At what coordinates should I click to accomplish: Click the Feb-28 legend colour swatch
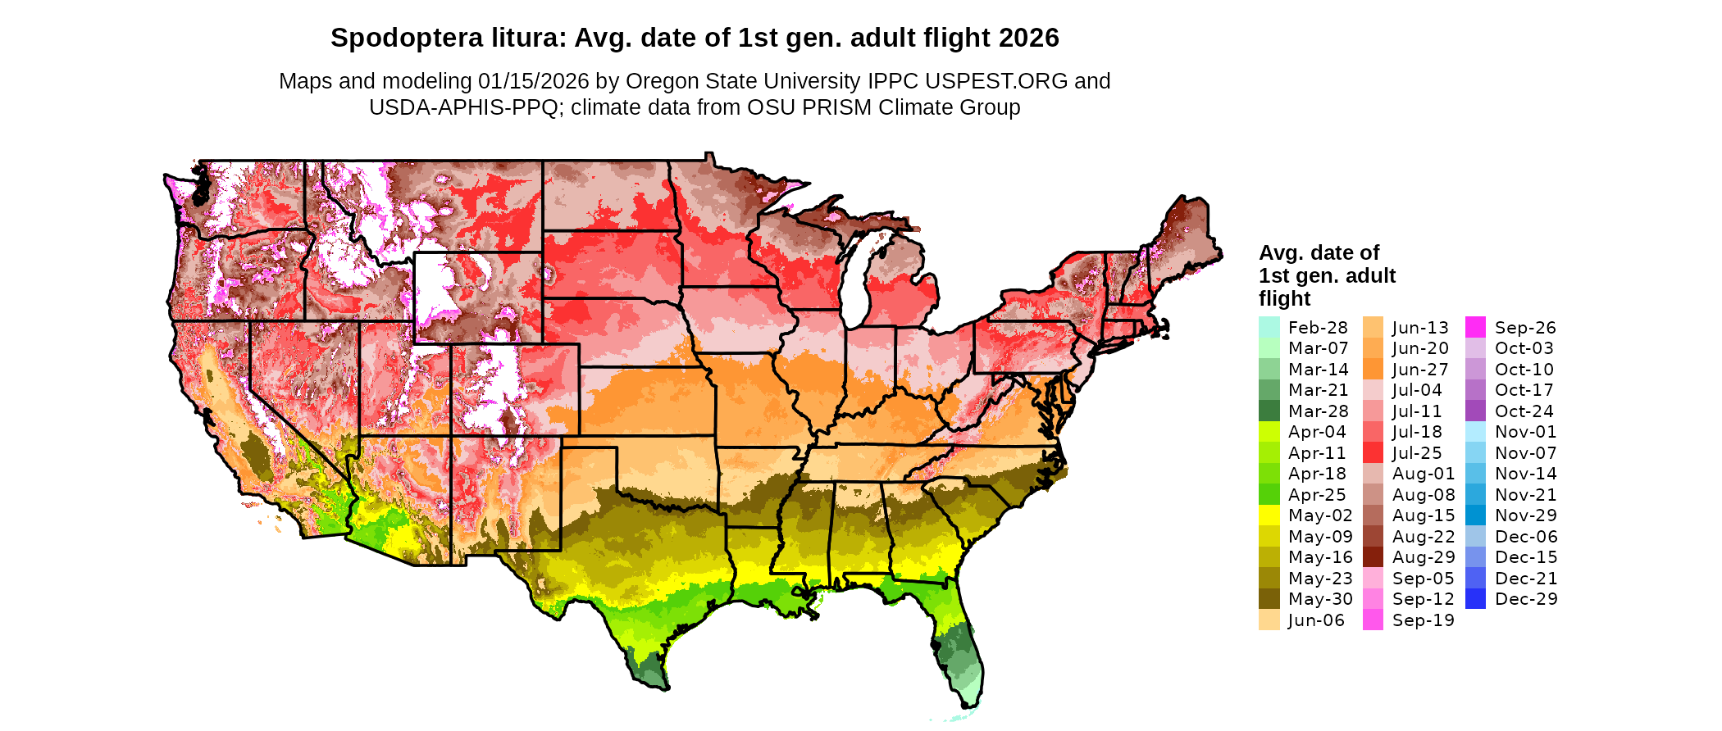click(x=1269, y=327)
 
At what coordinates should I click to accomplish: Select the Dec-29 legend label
click(x=1525, y=599)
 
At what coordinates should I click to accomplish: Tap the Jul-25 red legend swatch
click(x=1373, y=452)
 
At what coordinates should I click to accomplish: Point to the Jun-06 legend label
click(x=1316, y=620)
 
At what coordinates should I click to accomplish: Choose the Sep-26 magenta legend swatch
click(x=1475, y=327)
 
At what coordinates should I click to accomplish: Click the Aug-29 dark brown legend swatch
click(x=1373, y=557)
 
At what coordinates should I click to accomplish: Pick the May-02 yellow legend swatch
click(x=1269, y=515)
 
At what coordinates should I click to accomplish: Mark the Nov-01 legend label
click(x=1525, y=432)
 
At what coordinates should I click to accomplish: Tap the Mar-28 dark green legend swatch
click(x=1269, y=411)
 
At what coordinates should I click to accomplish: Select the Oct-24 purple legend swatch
click(x=1475, y=411)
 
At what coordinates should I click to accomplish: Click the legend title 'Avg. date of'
click(x=1319, y=252)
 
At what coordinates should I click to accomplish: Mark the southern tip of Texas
click(x=661, y=687)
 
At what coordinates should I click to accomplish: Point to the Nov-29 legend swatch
click(x=1475, y=515)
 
